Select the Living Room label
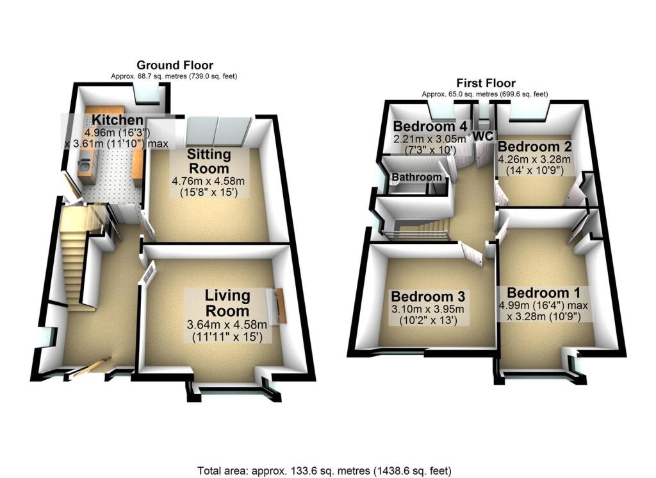pyautogui.click(x=227, y=303)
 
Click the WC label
pyautogui.click(x=482, y=136)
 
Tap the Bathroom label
pyautogui.click(x=417, y=177)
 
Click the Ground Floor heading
pyautogui.click(x=175, y=65)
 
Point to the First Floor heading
pyautogui.click(x=486, y=83)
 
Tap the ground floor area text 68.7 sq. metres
pyautogui.click(x=174, y=76)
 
